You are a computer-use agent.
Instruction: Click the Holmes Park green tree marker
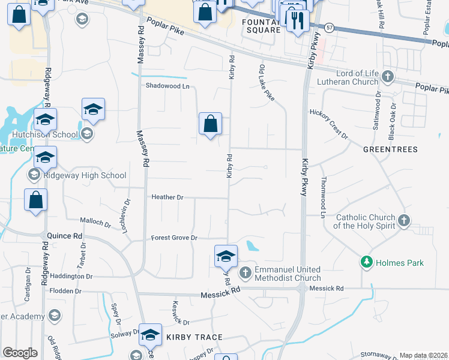[x=366, y=262]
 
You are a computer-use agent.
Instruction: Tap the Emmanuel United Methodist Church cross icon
[x=245, y=274]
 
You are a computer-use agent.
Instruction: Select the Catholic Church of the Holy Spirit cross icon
[x=404, y=221]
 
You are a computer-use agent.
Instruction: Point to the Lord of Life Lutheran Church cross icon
[x=388, y=77]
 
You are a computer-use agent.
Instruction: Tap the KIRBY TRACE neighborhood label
[x=194, y=337]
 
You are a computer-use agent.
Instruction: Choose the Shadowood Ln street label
[x=167, y=86]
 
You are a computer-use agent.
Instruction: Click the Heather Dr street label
[x=167, y=197]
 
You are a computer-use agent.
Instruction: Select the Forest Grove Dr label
[x=174, y=238]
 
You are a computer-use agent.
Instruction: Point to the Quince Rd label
[x=62, y=236]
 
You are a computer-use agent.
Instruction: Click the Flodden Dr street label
[x=65, y=291]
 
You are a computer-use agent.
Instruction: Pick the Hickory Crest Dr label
[x=329, y=122]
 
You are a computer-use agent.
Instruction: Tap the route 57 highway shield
[x=329, y=28]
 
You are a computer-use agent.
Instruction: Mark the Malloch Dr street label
[x=95, y=223]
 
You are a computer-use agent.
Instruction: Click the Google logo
[x=20, y=353]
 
